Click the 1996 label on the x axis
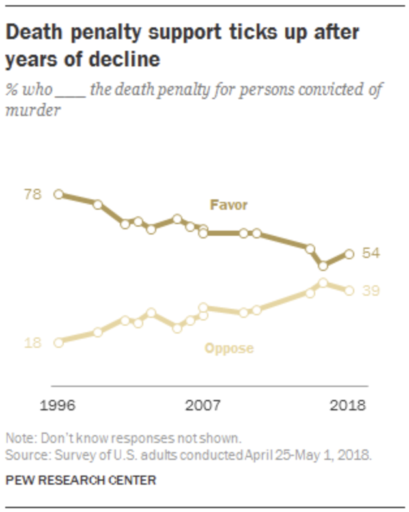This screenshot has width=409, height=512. coord(58,405)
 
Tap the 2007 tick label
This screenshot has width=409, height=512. coord(203,405)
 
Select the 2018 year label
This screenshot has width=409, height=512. coord(348,405)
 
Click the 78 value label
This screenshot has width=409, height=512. coord(33,194)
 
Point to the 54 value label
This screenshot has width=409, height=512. coord(371,253)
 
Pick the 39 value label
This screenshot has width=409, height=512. coord(371,291)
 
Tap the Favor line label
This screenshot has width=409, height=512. coord(229,205)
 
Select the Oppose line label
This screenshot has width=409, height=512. coord(229,348)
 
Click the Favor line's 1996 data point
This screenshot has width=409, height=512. coord(59,194)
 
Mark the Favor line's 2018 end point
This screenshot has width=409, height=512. coord(349,254)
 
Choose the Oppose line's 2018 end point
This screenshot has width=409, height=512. coord(349,291)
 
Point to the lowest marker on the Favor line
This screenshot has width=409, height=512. coord(322,266)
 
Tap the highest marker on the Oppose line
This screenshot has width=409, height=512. coord(322,283)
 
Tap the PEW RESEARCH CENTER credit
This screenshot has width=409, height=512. coord(81,481)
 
